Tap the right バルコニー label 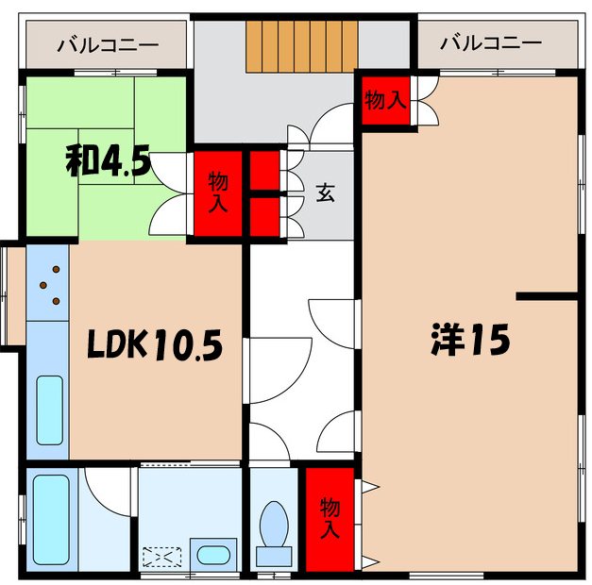click(492, 43)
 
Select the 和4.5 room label click(107, 162)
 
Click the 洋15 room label click(469, 339)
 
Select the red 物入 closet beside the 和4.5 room click(217, 192)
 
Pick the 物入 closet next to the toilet click(328, 518)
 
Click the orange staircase click(302, 45)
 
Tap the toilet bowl click(275, 526)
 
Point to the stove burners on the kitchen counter click(52, 284)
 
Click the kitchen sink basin click(49, 410)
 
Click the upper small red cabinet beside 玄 click(264, 171)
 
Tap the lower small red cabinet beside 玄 click(264, 215)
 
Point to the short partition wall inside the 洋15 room click(547, 297)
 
